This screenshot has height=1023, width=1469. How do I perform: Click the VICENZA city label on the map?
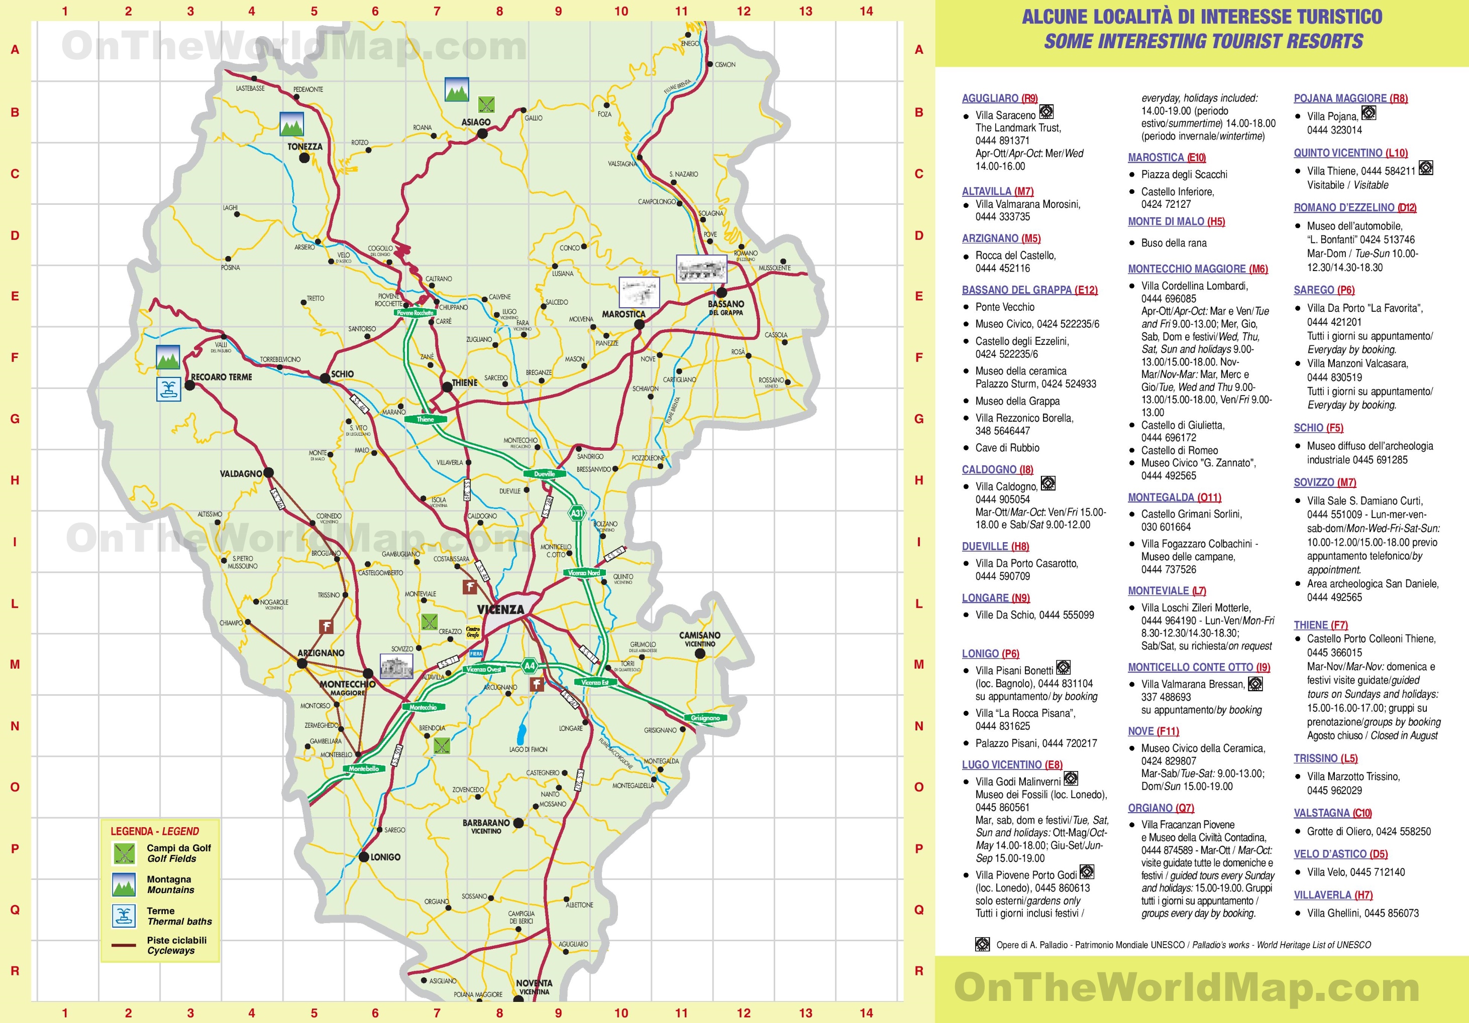click(500, 609)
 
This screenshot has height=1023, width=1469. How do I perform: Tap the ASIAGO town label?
click(476, 122)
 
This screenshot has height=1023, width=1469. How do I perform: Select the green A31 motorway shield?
click(576, 513)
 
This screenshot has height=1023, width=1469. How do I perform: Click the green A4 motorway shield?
click(529, 666)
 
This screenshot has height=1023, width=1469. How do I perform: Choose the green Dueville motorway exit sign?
click(545, 474)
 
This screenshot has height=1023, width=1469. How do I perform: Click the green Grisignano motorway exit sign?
click(705, 718)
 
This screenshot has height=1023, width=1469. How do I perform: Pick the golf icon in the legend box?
click(124, 853)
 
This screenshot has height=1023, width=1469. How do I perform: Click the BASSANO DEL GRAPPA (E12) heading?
click(1029, 290)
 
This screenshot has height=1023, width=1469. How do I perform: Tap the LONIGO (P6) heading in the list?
click(990, 654)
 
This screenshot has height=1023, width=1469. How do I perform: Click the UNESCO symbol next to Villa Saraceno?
click(1046, 112)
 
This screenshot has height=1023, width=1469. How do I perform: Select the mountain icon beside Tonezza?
click(291, 124)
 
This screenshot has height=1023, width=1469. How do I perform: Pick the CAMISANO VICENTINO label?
click(699, 638)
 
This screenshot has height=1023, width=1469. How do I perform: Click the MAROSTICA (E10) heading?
click(1167, 157)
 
